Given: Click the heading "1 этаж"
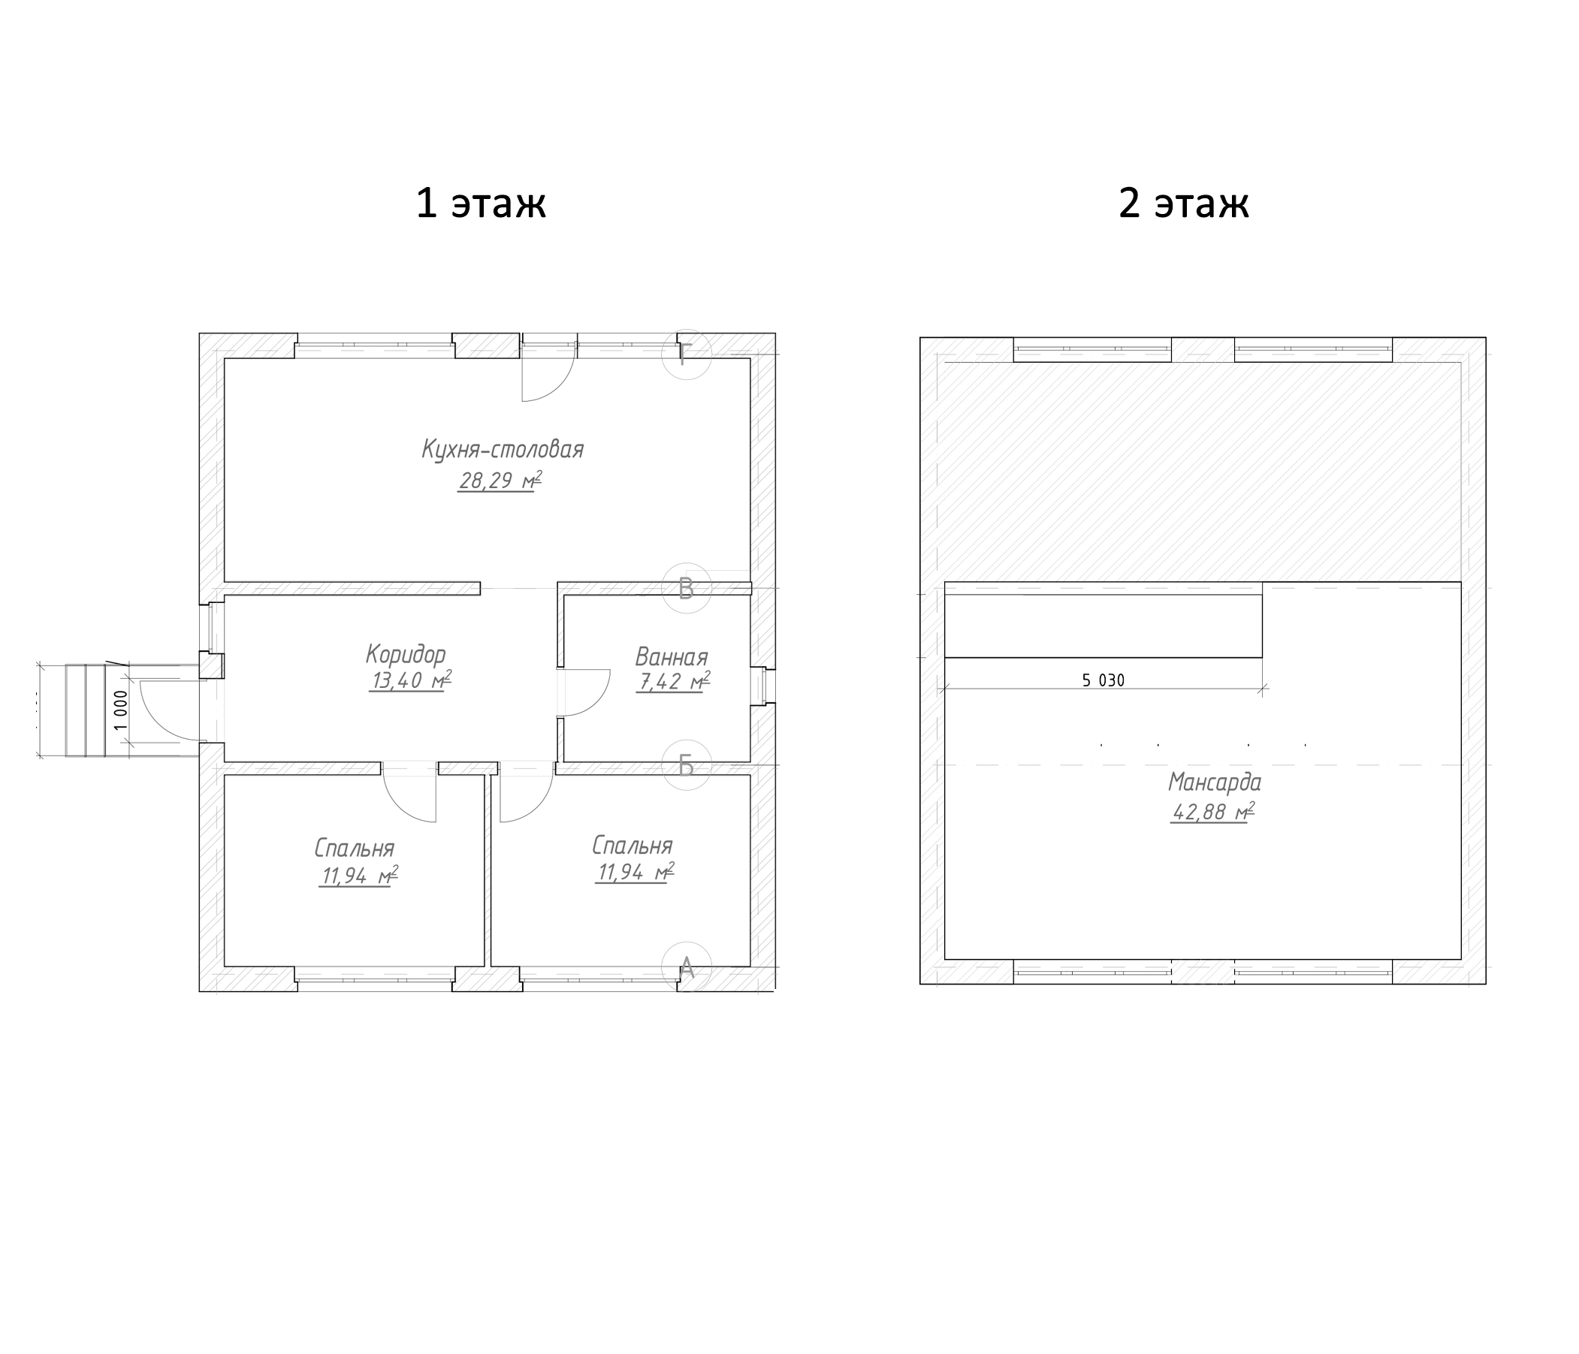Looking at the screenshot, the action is point(481,204).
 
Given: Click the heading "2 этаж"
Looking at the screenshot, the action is point(1183,204).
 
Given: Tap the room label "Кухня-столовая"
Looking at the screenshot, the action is point(503,450).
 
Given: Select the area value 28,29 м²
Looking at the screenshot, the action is point(500,481).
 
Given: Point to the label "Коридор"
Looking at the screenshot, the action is point(406,655).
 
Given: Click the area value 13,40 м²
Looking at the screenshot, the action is point(410,680).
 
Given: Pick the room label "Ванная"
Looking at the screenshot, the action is point(672,657).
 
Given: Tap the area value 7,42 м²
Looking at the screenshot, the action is point(673,682).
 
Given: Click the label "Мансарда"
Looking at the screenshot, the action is point(1215,783).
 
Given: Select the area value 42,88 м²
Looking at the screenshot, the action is point(1213,813).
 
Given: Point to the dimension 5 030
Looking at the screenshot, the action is point(1103,680).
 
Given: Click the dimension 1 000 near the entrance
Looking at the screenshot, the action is point(120,710).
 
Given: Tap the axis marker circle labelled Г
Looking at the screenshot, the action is point(686,354).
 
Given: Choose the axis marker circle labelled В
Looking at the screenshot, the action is point(686,589).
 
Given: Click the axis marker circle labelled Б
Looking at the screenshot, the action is point(686,765).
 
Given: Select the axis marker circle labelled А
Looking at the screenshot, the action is point(686,968).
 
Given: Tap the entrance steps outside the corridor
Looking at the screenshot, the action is point(85,710).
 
